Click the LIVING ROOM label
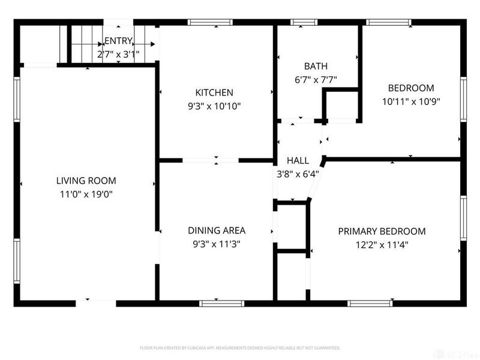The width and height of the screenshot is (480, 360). click(x=86, y=181)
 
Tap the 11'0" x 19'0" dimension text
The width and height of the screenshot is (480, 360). click(x=86, y=194)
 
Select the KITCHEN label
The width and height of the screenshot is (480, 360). click(x=214, y=92)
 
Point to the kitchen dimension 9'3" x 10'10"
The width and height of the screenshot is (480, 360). click(x=214, y=106)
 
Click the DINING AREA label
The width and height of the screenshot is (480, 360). click(x=217, y=230)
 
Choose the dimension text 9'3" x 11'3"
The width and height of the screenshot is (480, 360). click(x=217, y=244)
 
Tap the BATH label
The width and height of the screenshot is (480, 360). click(x=316, y=67)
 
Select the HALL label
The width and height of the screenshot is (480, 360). click(x=298, y=161)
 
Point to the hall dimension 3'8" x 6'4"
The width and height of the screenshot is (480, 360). click(x=298, y=175)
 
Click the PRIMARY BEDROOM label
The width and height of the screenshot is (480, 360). click(x=382, y=231)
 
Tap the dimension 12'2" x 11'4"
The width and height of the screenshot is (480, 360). click(x=382, y=245)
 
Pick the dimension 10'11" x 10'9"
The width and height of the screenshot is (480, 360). click(x=412, y=101)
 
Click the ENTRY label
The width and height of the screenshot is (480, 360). click(x=118, y=41)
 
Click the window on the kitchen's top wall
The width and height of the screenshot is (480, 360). click(x=211, y=22)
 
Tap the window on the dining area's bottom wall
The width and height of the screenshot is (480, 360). click(x=214, y=303)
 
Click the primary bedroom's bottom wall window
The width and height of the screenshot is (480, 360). click(x=370, y=303)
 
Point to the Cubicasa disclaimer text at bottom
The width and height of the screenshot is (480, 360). click(x=240, y=348)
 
